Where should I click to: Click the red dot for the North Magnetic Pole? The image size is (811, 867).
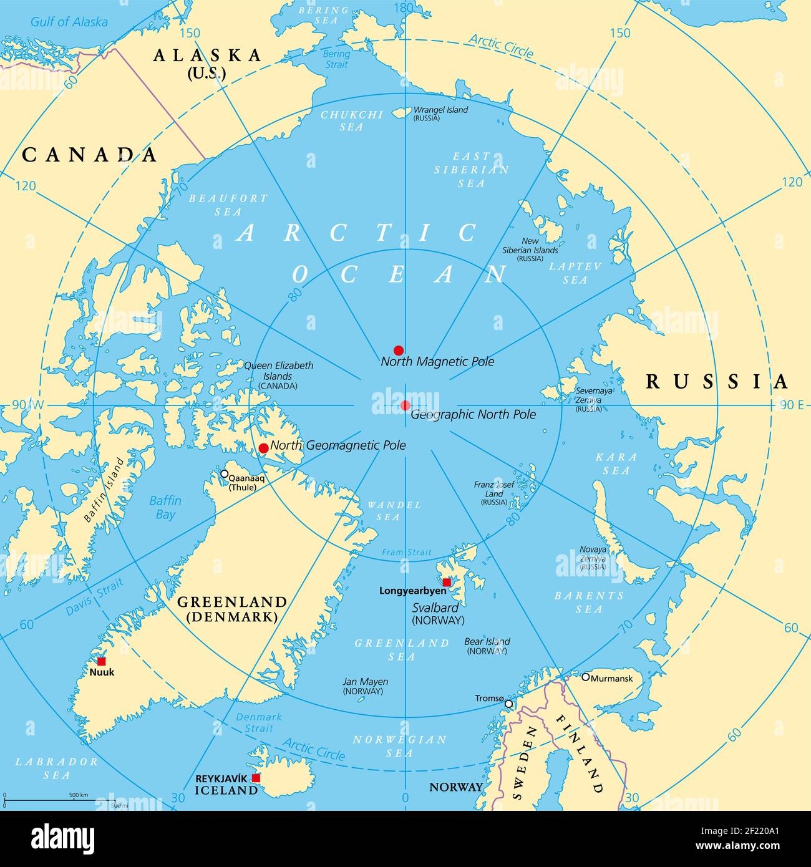pyautogui.click(x=399, y=351)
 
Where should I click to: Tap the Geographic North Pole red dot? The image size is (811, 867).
pyautogui.click(x=405, y=405)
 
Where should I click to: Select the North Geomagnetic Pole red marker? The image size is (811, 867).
pyautogui.click(x=264, y=448)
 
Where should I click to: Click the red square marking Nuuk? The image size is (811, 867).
pyautogui.click(x=101, y=661)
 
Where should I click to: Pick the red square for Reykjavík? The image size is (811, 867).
pyautogui.click(x=256, y=778)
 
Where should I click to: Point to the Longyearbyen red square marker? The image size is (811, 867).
pyautogui.click(x=447, y=582)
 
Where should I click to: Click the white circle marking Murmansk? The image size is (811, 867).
pyautogui.click(x=586, y=677)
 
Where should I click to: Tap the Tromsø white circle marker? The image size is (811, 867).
pyautogui.click(x=508, y=704)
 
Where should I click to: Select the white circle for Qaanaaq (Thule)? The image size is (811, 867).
pyautogui.click(x=225, y=474)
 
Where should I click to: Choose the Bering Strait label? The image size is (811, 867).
pyautogui.click(x=336, y=59)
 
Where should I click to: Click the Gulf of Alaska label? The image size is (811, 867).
pyautogui.click(x=69, y=22)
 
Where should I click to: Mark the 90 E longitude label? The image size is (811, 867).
pyautogui.click(x=791, y=405)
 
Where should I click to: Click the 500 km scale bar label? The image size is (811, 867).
pyautogui.click(x=79, y=795)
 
